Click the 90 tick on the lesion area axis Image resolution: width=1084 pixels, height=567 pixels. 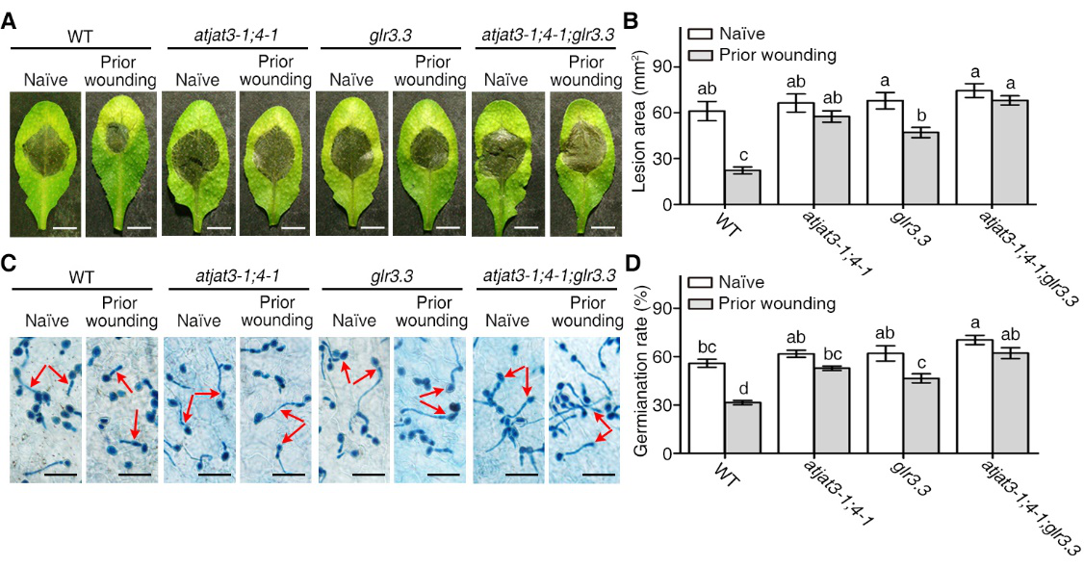[x=661, y=66]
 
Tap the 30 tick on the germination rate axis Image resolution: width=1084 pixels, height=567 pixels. [x=661, y=405]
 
